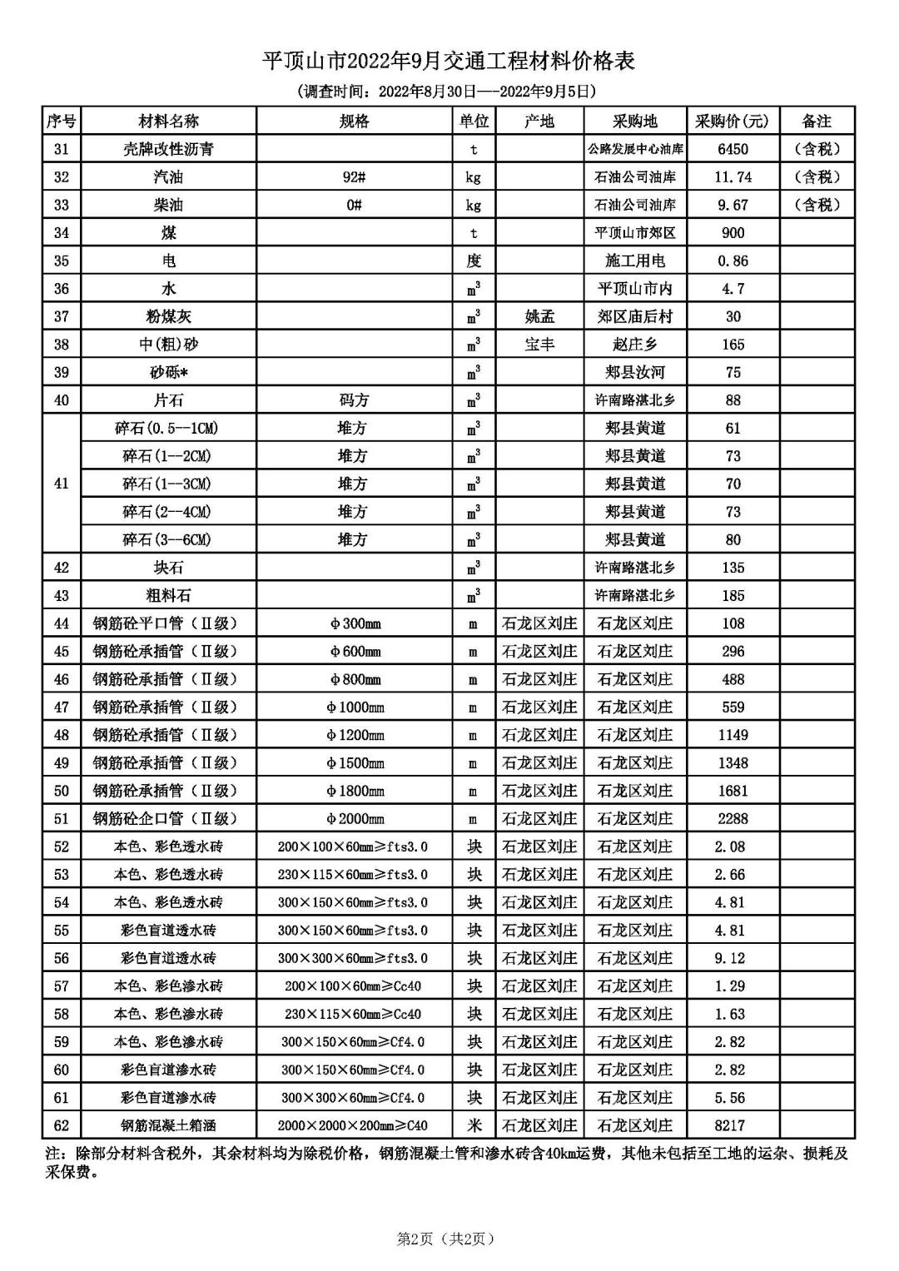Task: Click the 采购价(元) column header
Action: (x=733, y=122)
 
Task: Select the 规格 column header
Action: (x=354, y=122)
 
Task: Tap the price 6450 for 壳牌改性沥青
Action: (x=733, y=149)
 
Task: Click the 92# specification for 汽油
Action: (x=354, y=177)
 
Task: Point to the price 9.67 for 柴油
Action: (x=733, y=205)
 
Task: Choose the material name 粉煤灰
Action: (x=169, y=316)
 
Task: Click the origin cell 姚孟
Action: (x=539, y=316)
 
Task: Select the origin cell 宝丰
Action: (x=539, y=345)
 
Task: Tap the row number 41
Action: (x=62, y=484)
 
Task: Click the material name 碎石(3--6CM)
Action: (x=167, y=539)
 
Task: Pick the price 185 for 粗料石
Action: (x=733, y=595)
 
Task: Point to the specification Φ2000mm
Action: (x=354, y=819)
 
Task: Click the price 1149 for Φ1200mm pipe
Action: (x=733, y=735)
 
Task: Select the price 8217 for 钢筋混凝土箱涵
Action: (x=733, y=1125)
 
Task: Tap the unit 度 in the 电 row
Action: (x=474, y=261)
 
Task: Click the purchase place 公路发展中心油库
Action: (x=635, y=149)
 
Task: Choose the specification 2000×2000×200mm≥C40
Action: (x=354, y=1125)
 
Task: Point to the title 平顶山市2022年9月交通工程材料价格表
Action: (x=449, y=61)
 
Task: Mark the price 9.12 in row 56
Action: (x=733, y=958)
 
